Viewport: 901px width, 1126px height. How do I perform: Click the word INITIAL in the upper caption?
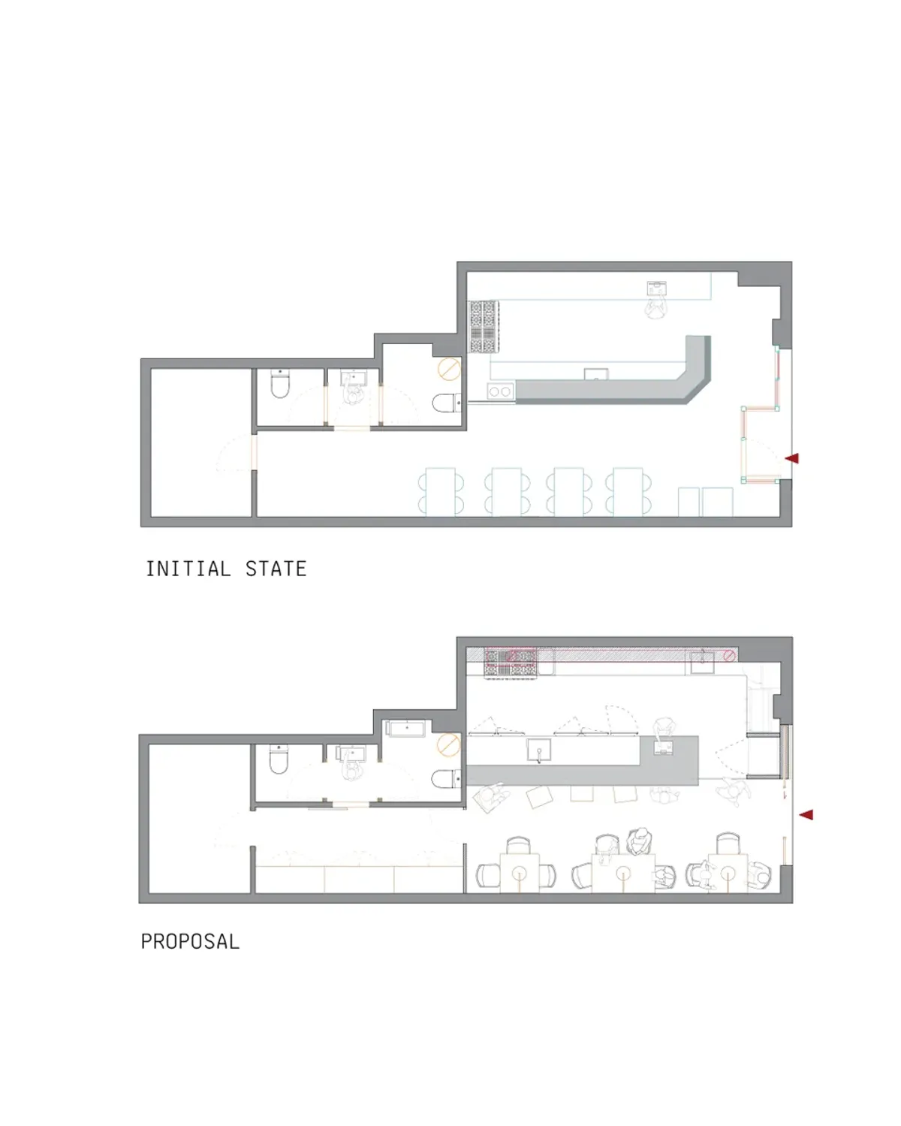tap(188, 568)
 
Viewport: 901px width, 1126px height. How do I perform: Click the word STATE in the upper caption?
tap(276, 568)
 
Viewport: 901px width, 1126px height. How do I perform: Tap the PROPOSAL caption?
tap(190, 941)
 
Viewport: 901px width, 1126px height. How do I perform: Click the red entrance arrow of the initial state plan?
tap(791, 458)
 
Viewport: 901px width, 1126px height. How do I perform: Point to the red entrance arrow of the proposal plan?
tap(806, 814)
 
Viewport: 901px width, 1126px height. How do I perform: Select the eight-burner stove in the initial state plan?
tap(484, 326)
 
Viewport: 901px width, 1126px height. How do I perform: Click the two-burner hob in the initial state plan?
tap(500, 391)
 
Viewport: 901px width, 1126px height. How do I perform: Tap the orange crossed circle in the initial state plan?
tap(449, 369)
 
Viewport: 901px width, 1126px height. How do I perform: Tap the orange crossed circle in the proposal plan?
tap(448, 744)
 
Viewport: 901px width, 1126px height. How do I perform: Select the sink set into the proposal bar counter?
tap(538, 750)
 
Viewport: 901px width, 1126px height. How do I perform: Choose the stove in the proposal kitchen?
tap(511, 663)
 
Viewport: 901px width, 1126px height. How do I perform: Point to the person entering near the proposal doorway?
tap(733, 791)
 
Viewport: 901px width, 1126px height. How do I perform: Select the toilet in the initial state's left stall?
tap(280, 384)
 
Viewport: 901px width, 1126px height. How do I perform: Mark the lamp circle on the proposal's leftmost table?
tap(519, 871)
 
